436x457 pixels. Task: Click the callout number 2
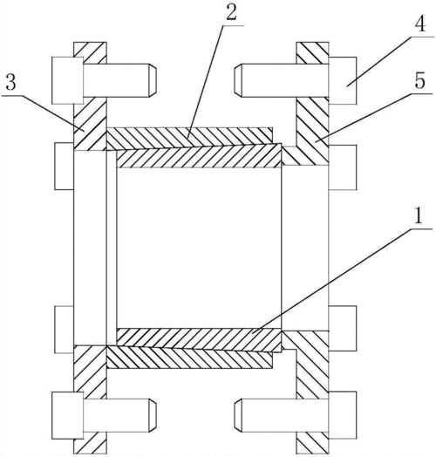click(x=232, y=12)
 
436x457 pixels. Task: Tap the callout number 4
click(x=420, y=23)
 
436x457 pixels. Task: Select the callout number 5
click(x=420, y=80)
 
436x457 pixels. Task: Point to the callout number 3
click(x=10, y=82)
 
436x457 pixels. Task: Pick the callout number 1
click(x=419, y=215)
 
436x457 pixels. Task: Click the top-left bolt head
click(x=68, y=80)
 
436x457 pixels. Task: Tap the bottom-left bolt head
click(x=68, y=415)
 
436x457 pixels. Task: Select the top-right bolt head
click(x=343, y=80)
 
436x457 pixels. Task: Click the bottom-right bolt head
click(x=343, y=415)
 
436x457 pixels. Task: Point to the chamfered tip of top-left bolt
click(x=153, y=80)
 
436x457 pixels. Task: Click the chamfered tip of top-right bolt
click(x=238, y=80)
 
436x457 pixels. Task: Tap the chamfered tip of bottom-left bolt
click(x=153, y=415)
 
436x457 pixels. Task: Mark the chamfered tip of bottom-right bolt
click(x=238, y=415)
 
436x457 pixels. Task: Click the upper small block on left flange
click(x=65, y=166)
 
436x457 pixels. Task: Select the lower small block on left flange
click(x=65, y=330)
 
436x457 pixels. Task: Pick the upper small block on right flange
click(x=343, y=167)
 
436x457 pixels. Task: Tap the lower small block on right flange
click(x=343, y=329)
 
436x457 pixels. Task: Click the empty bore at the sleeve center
click(x=199, y=248)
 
